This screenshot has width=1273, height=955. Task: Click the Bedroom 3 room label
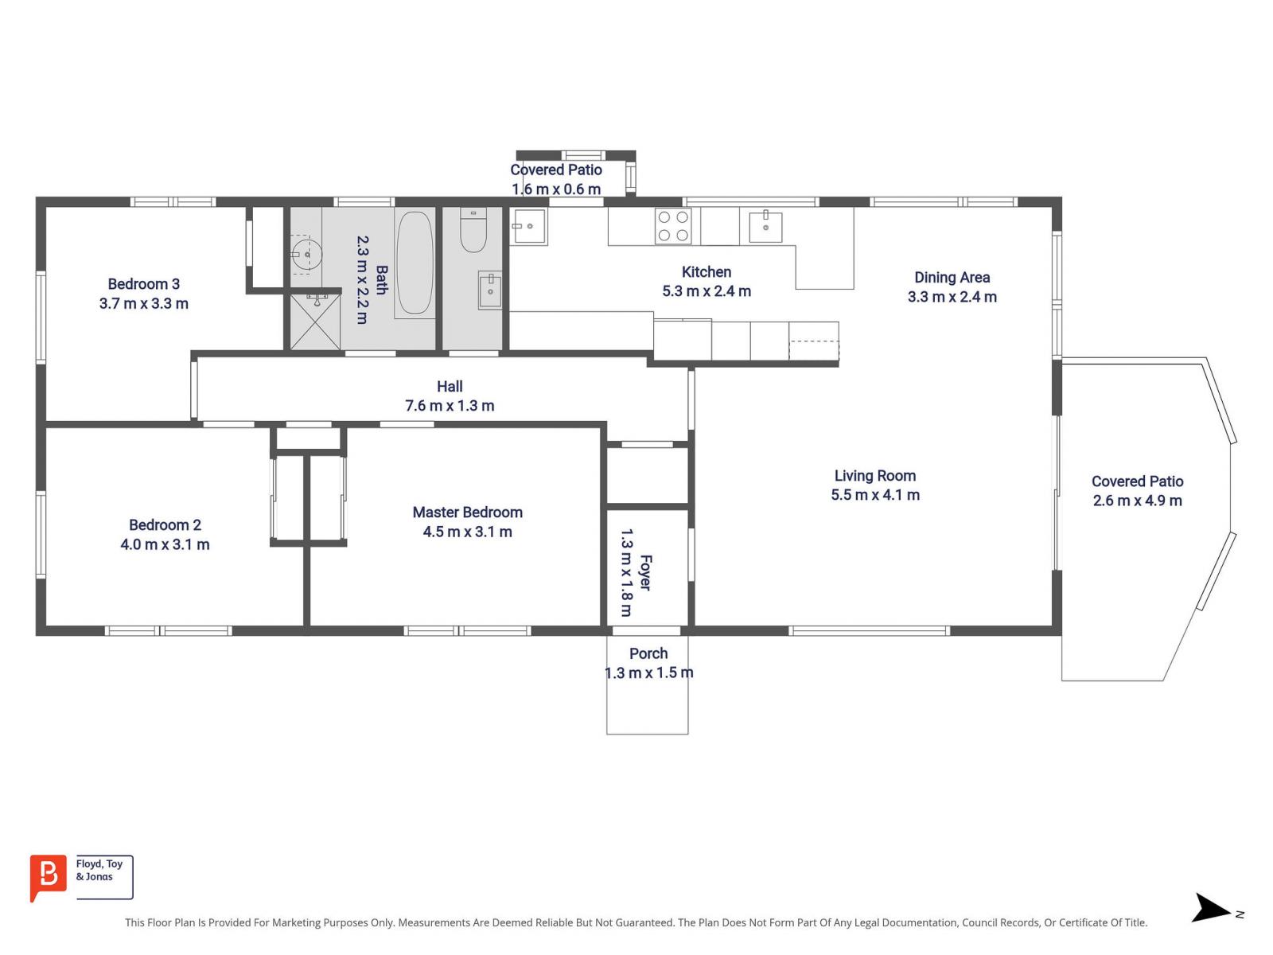coord(144,284)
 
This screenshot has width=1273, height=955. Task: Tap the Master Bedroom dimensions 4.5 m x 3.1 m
coord(467,532)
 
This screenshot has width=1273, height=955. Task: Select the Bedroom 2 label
coord(165,525)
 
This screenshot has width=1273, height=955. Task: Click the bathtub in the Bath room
coord(415,263)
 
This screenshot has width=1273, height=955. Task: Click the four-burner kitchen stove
coord(672,225)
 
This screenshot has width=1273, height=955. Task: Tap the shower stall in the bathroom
coord(314,322)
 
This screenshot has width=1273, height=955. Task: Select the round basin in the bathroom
coord(307,255)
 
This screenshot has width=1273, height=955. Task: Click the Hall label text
coord(450,386)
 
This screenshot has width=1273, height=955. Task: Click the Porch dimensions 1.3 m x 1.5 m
coord(648,672)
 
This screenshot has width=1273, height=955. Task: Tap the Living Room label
coord(875,476)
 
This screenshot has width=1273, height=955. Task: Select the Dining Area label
coord(952,278)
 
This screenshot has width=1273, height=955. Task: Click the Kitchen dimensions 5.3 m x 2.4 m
coord(707,291)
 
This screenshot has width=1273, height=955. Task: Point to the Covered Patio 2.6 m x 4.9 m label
coord(1137,491)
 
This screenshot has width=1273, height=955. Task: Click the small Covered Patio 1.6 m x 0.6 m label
coord(555,179)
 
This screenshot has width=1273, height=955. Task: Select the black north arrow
coord(1210,908)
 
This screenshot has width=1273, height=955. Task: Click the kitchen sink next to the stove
coord(765,228)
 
